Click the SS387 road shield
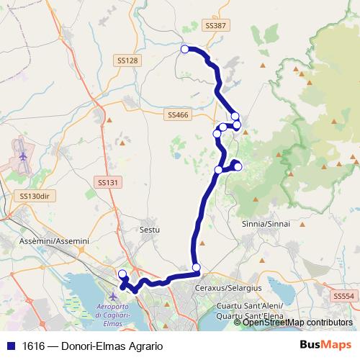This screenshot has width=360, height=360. point(215,25)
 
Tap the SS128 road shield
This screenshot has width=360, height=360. point(126,60)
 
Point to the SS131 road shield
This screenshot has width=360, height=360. point(107,183)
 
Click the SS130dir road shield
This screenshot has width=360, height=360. point(34,196)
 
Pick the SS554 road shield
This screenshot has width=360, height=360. point(344,296)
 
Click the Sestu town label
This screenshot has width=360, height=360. point(149,230)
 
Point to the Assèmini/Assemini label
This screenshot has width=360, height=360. point(55,240)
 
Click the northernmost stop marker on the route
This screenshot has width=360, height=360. point(184,49)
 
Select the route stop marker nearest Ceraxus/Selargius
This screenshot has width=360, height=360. point(196,268)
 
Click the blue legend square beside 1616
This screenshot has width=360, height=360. point(10,346)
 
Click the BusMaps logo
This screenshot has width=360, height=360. point(325,345)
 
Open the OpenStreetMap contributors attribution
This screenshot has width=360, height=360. point(297,323)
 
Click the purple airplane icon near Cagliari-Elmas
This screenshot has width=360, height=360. point(112,296)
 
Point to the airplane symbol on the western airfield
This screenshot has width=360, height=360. point(23,155)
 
